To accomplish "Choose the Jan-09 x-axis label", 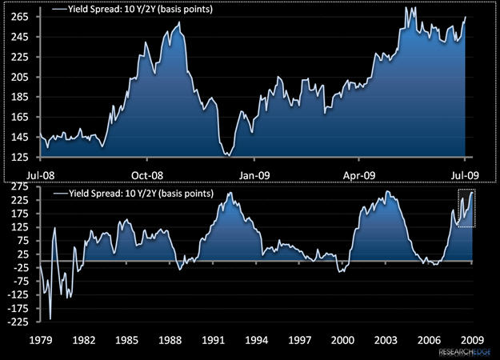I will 254,174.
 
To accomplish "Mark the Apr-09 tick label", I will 359,174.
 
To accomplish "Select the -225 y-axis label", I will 19,322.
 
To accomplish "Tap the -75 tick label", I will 22,282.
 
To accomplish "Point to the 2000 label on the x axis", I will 343,339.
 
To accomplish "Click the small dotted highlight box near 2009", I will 466,208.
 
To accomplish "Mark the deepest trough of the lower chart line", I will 50,318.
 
